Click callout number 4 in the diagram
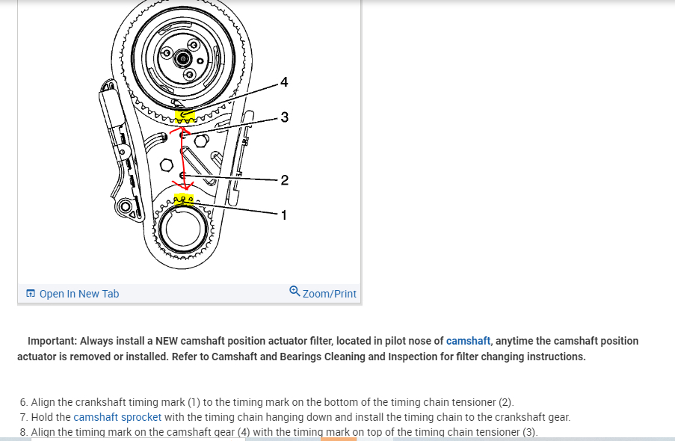coord(283,81)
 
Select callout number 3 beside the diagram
coord(284,117)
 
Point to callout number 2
coord(284,179)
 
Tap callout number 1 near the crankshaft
coord(283,215)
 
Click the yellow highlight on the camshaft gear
coord(185,117)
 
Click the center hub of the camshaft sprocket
coord(182,58)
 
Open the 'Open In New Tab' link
coord(78,294)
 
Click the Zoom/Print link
coord(330,294)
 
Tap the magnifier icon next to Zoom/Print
coord(295,292)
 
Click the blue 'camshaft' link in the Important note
coord(468,341)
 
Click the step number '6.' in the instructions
coord(24,402)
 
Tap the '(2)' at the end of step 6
coord(505,402)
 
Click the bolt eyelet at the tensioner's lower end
coord(126,207)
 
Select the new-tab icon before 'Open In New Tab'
coord(31,294)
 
